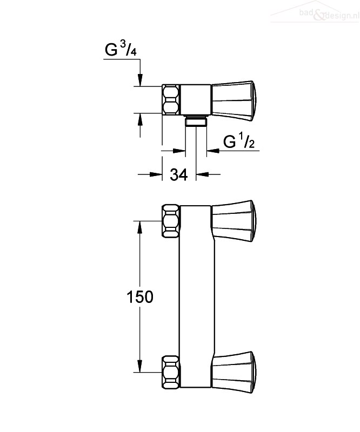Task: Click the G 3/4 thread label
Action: pos(121,49)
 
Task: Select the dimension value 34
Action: pos(179,174)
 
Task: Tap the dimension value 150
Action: pos(140,296)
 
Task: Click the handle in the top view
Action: pos(234,101)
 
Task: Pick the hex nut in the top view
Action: pos(170,99)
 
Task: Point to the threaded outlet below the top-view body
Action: pos(196,121)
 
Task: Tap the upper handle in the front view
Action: pos(234,221)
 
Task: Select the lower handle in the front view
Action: pos(234,372)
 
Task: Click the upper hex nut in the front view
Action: pos(170,221)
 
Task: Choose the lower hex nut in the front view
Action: pos(170,372)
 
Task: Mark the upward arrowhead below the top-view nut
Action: pos(140,120)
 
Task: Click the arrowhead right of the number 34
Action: pos(202,174)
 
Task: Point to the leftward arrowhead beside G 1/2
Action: pos(213,151)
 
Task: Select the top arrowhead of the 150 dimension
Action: pos(140,227)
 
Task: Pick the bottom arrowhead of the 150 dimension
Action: pos(140,366)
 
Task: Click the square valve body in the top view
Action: pos(195,99)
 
